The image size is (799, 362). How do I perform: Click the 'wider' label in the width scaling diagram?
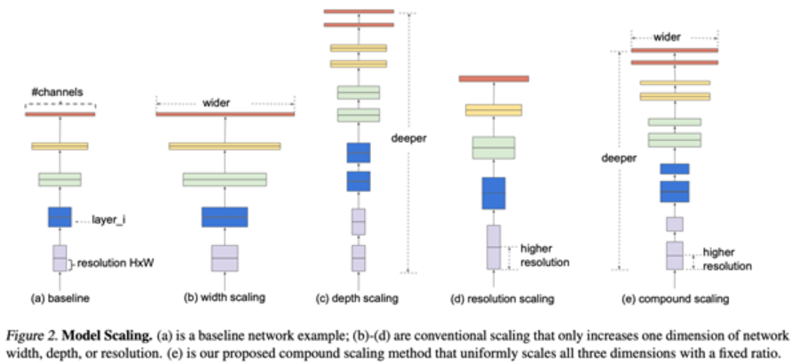tap(225, 103)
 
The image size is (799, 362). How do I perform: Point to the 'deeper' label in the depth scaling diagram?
tap(410, 139)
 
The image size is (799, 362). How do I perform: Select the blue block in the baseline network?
tap(59, 216)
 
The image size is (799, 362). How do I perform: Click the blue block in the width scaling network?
tap(225, 216)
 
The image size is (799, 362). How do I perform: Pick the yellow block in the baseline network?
tap(59, 146)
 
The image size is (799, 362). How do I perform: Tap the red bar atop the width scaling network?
tap(225, 114)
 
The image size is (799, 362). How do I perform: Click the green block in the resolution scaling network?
tap(494, 147)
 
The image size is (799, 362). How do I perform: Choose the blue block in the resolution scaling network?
tap(494, 193)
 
